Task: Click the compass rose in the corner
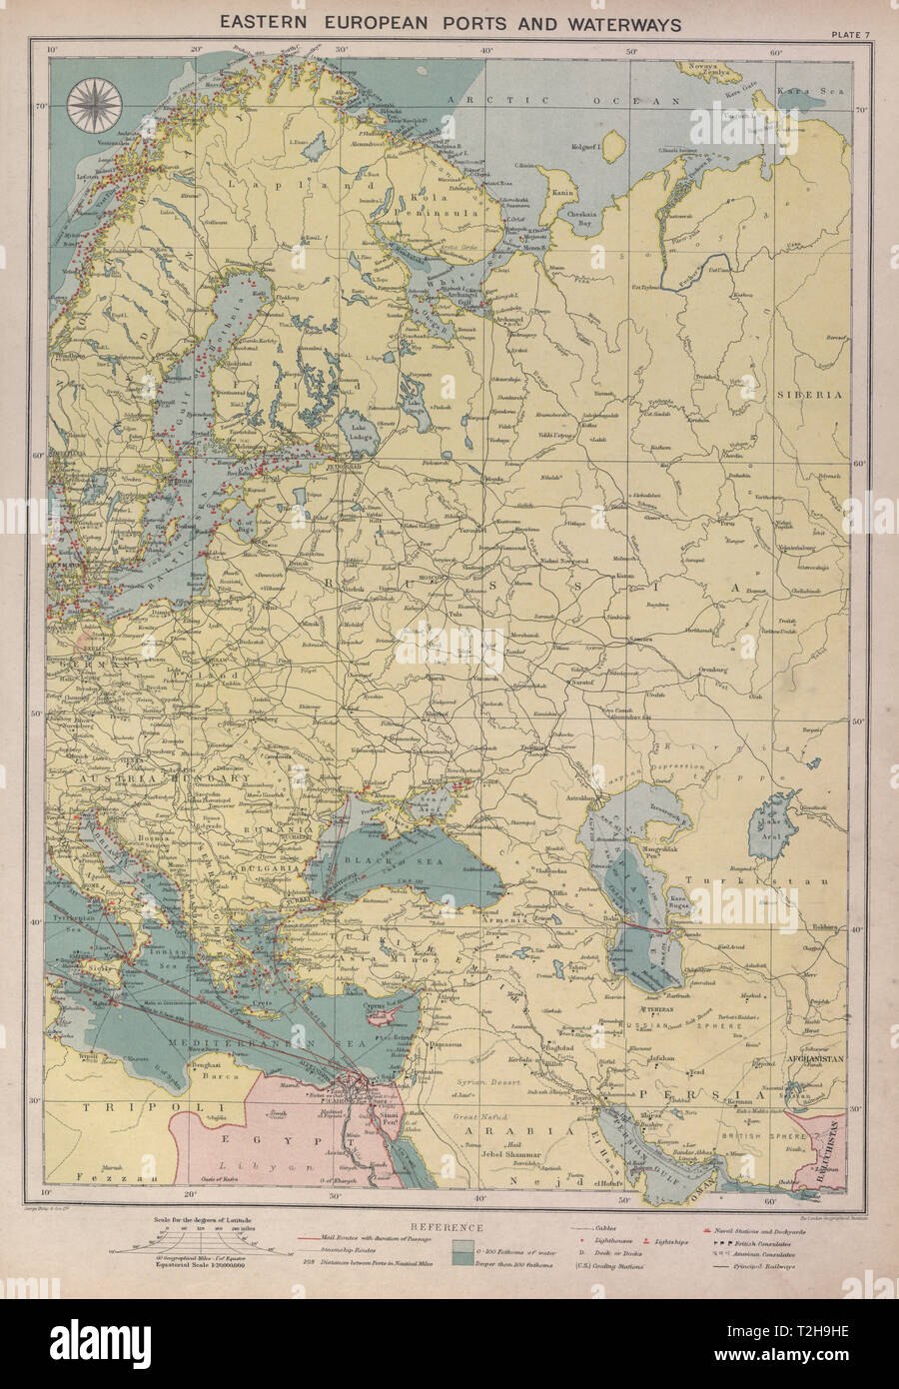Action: click(x=94, y=103)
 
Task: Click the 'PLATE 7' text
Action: click(x=850, y=37)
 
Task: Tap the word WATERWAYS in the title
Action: click(x=618, y=22)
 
